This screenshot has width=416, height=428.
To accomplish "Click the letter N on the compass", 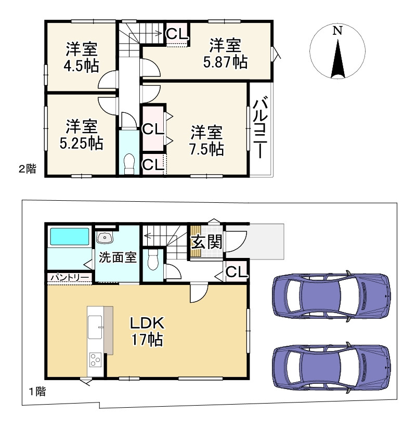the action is coord(337,30).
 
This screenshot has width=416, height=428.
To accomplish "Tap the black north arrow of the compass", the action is coord(338,59).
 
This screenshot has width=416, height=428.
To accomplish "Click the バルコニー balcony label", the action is coord(260,127).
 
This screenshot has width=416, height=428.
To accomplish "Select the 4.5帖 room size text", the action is coord(81,66).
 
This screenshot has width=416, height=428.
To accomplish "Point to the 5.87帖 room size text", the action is coord(226,62).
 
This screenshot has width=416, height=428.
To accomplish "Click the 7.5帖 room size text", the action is coord(206,149).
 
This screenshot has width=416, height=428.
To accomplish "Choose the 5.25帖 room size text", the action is coord(81,143).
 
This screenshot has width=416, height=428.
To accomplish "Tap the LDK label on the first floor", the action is coord(147,323).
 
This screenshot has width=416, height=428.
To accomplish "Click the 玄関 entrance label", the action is coord(206,242).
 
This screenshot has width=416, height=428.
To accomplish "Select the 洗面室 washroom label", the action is coord(118,257).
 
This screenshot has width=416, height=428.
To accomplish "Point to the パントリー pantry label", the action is coord(70,277).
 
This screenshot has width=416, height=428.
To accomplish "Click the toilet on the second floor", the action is coord(129,163).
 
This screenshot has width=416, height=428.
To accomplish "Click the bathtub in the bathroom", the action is coord(70,237).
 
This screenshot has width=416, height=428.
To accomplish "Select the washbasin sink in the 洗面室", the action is coord(105,238).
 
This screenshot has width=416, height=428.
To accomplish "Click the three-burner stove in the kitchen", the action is coord(96,359).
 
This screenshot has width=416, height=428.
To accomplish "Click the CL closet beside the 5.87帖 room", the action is coord(177,33).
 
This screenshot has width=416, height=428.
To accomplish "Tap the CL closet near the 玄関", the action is coord(237,271).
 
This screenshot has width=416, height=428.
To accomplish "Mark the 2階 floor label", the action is coord(27,168).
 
